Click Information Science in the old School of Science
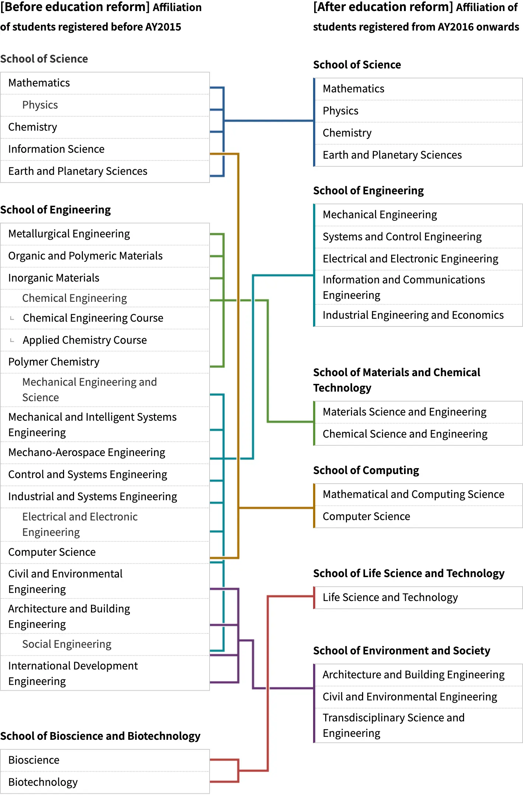coord(56,149)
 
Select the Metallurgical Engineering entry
coord(69,234)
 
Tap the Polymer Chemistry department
coord(54,362)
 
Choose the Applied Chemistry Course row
coord(85,340)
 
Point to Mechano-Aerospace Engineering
coord(87,452)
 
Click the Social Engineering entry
coord(67,644)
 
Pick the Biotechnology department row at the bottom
coord(43,782)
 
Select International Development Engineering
coord(73,673)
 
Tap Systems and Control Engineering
coord(402,237)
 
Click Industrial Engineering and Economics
coord(413,315)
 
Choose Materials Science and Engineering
coord(404,412)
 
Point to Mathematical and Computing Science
coord(413,494)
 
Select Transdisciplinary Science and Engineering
coord(393,725)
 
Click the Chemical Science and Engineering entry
coord(405,434)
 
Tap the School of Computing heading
coord(366,470)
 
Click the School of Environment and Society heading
coord(401,651)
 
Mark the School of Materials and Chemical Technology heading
coord(396,380)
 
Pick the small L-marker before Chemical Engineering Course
coord(12,318)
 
